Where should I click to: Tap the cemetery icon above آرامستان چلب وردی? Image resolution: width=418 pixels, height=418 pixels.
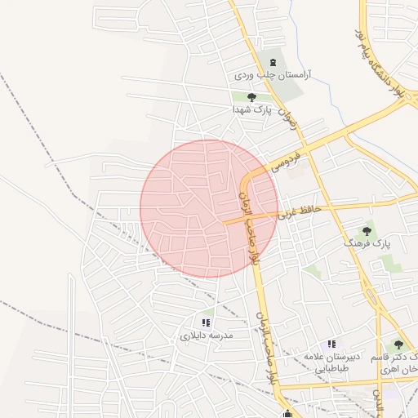tap(271, 62)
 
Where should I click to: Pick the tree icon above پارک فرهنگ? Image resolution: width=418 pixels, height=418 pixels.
tap(367, 231)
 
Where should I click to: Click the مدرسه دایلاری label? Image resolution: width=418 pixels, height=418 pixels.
tap(207, 335)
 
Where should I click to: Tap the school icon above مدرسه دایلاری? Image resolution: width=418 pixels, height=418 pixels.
tap(207, 323)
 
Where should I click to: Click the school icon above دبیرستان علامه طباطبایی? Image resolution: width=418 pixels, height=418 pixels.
tap(331, 345)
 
